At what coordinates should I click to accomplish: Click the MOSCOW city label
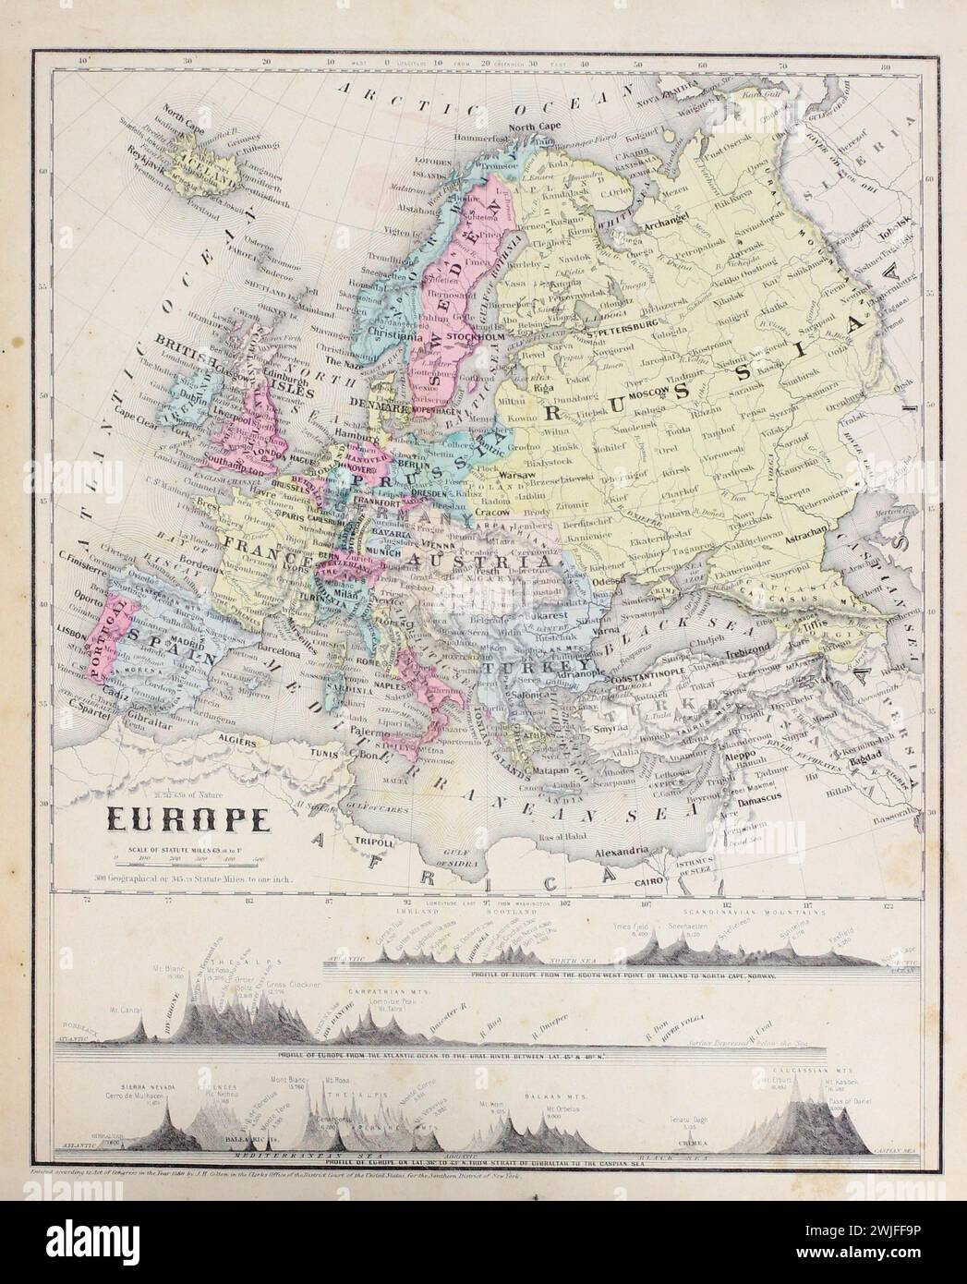(647, 394)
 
